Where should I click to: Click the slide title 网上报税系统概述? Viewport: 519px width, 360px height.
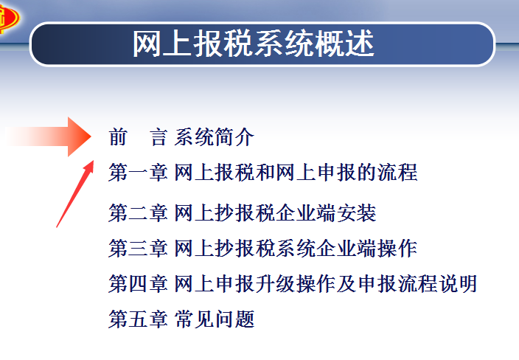click(253, 44)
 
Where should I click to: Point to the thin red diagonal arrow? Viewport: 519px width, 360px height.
click(74, 194)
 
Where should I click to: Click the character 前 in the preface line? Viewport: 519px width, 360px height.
click(117, 137)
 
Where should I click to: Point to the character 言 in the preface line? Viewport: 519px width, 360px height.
click(158, 137)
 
